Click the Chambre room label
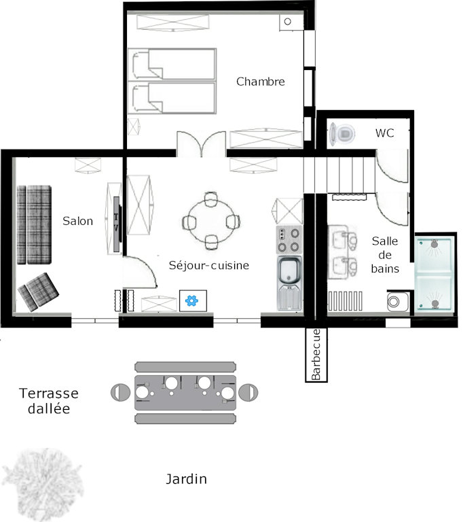pyautogui.click(x=261, y=82)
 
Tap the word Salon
pyautogui.click(x=77, y=221)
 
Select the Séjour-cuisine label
pyautogui.click(x=209, y=265)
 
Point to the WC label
pyautogui.click(x=384, y=133)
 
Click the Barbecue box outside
pyautogui.click(x=316, y=355)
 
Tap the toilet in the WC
pyautogui.click(x=342, y=134)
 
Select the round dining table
pyautogui.click(x=211, y=222)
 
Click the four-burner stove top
pyautogui.click(x=289, y=240)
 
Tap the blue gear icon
pyautogui.click(x=192, y=300)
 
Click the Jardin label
pyautogui.click(x=186, y=479)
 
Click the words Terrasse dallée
pyautogui.click(x=49, y=401)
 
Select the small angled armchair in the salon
pyautogui.click(x=38, y=292)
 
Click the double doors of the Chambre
pyautogui.click(x=202, y=144)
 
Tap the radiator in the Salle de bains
pyautogui.click(x=346, y=301)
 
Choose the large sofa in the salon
pyautogui.click(x=34, y=225)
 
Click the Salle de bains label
pyautogui.click(x=385, y=255)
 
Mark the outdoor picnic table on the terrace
pyautogui.click(x=185, y=393)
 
